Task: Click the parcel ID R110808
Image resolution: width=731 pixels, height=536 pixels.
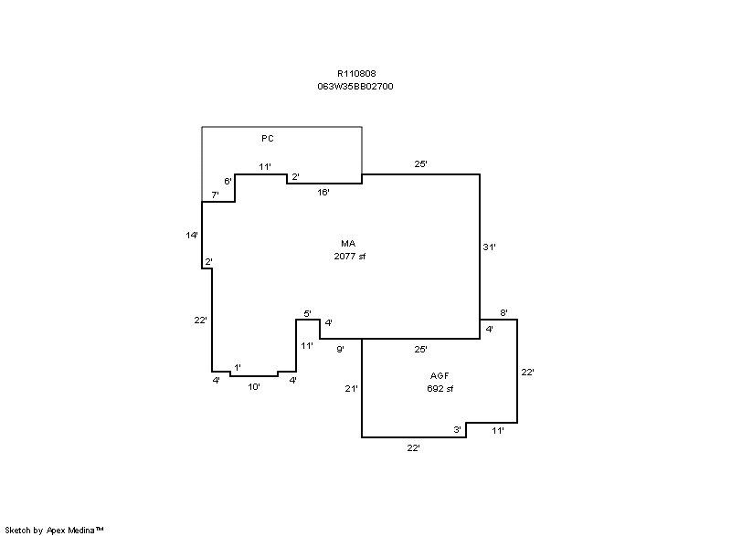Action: click(x=356, y=74)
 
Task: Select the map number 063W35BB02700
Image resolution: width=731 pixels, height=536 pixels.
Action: click(x=355, y=87)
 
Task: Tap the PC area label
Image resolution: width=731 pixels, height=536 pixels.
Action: click(x=268, y=138)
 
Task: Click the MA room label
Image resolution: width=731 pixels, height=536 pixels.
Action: click(x=348, y=244)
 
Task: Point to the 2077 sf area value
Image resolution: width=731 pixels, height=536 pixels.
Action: click(x=350, y=256)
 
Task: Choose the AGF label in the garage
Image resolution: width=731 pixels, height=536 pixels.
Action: click(x=440, y=376)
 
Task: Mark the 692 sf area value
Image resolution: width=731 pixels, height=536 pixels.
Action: click(x=440, y=388)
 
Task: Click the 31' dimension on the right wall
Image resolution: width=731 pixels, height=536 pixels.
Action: click(x=489, y=247)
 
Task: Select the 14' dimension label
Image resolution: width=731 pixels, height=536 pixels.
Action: click(x=192, y=236)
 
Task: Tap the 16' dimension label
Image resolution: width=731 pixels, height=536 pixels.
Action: click(x=323, y=193)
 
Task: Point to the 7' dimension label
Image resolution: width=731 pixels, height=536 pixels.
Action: click(x=215, y=195)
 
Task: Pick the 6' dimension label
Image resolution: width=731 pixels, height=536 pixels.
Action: click(x=228, y=181)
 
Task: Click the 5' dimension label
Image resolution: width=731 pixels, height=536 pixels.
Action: click(x=307, y=314)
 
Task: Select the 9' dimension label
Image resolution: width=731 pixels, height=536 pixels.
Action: click(x=340, y=349)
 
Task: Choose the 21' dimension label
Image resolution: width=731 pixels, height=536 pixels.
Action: click(x=351, y=388)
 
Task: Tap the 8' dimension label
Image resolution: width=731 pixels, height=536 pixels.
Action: click(x=504, y=313)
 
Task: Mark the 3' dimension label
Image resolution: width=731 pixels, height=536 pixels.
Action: click(x=458, y=430)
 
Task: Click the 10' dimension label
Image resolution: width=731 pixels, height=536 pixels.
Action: click(x=254, y=386)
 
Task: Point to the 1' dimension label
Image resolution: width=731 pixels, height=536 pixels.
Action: click(x=238, y=368)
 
